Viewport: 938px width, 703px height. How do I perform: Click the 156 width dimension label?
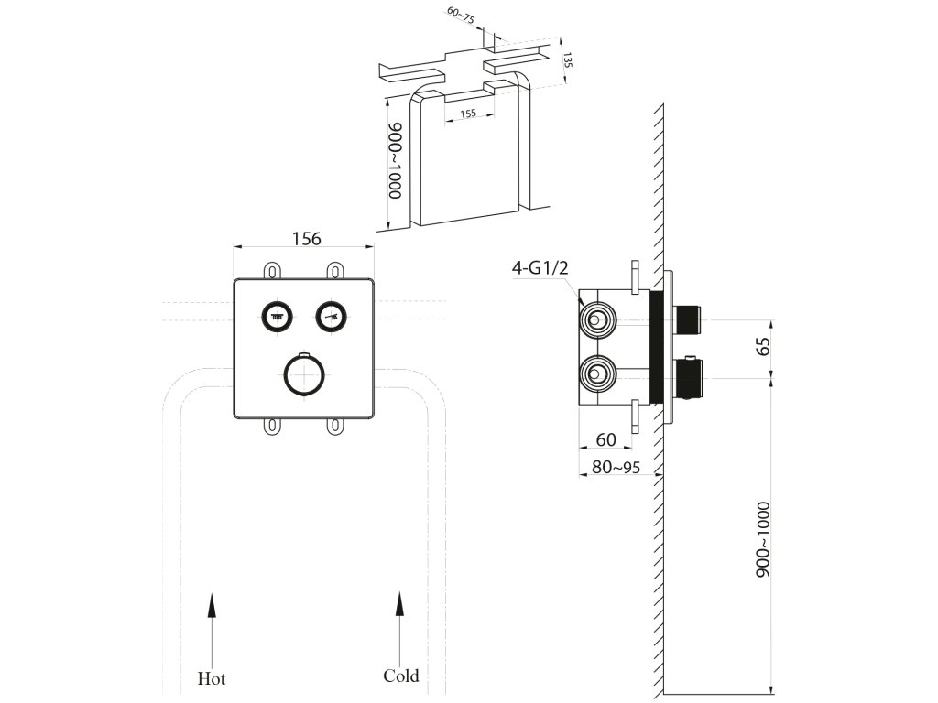click(x=306, y=239)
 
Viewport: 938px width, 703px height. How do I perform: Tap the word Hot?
click(x=212, y=678)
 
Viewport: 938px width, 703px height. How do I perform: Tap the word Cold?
click(x=401, y=676)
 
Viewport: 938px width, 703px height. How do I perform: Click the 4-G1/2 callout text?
click(x=540, y=267)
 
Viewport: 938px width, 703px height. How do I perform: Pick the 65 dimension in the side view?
click(x=763, y=347)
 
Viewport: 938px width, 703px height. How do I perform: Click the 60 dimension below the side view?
click(x=606, y=439)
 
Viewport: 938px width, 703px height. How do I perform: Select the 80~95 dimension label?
click(x=616, y=467)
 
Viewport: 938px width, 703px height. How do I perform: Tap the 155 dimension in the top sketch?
click(x=468, y=113)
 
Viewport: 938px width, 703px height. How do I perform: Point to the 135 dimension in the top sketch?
click(x=568, y=59)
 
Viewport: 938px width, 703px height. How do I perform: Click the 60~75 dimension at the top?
click(x=461, y=16)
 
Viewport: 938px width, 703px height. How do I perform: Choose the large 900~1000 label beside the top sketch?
click(x=396, y=160)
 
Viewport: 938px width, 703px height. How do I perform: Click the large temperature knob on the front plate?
click(x=304, y=374)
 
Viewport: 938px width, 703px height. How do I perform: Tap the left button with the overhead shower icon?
click(x=277, y=316)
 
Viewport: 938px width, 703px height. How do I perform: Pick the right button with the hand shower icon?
click(x=332, y=316)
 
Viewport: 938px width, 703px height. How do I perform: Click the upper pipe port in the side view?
click(x=596, y=319)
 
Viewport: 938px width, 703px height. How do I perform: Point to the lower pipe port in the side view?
click(x=596, y=374)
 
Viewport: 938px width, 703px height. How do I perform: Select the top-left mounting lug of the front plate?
click(x=272, y=271)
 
